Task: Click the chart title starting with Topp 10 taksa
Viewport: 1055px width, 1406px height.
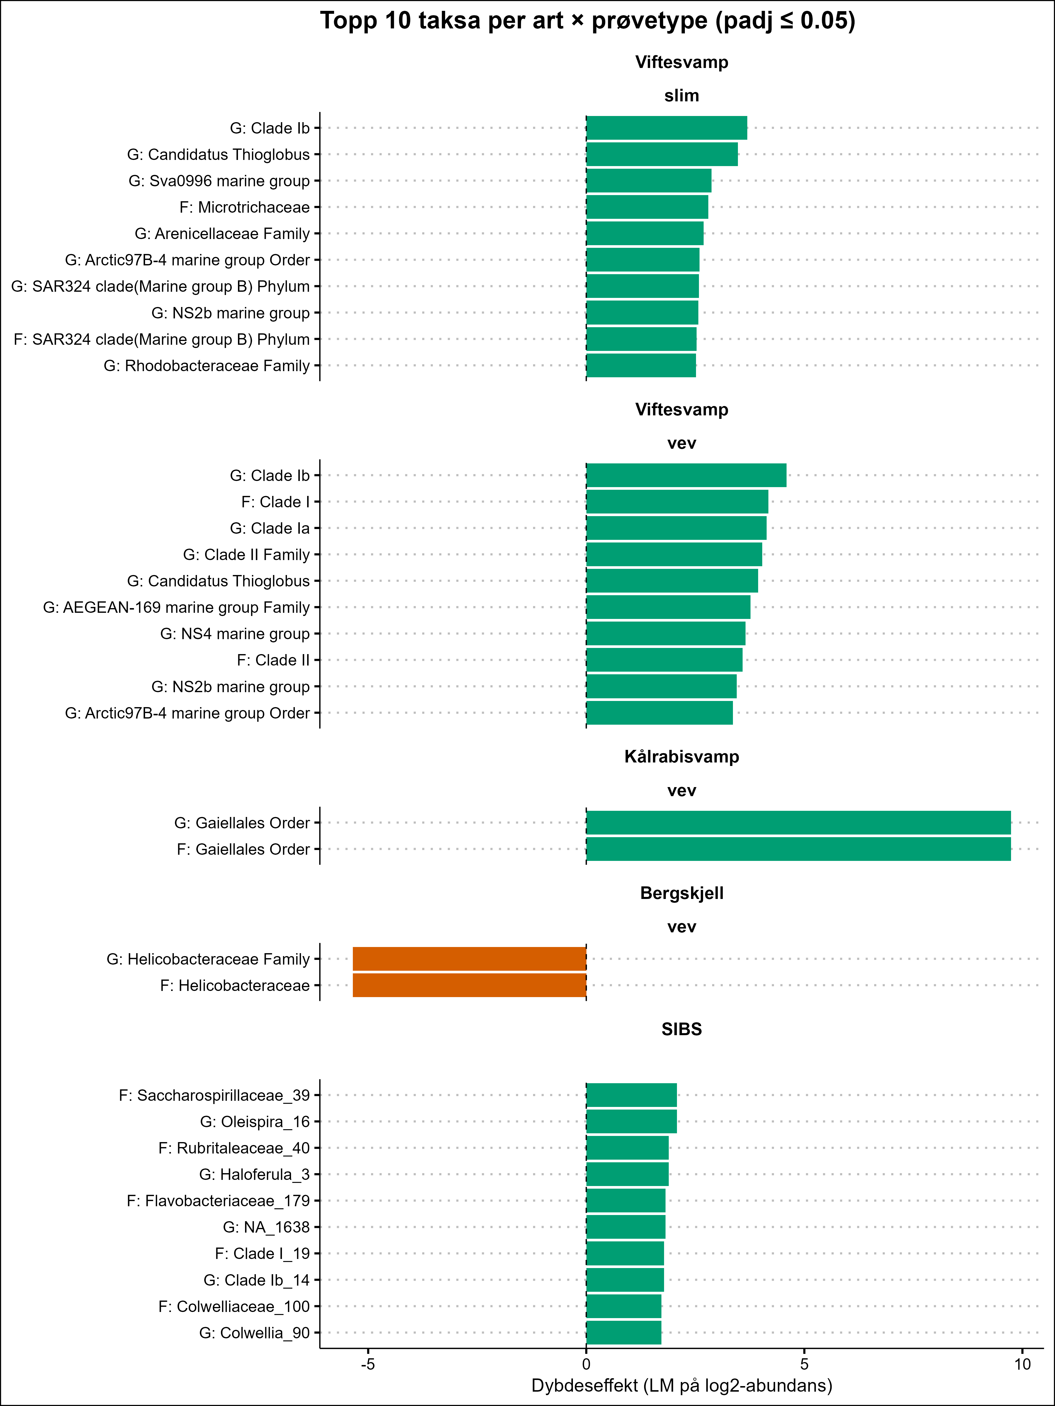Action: coord(588,21)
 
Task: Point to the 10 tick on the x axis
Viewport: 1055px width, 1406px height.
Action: coord(1022,1364)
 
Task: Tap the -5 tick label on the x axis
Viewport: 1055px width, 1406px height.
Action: coord(367,1364)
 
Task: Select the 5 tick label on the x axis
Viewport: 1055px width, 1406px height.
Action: coord(804,1364)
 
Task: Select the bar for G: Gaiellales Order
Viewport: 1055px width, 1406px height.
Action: coord(798,823)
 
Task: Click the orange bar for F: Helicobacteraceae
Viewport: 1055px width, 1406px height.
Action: coord(469,985)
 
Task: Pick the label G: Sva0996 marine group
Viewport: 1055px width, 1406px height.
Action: coord(219,181)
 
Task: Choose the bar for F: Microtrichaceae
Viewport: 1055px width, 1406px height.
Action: coord(647,207)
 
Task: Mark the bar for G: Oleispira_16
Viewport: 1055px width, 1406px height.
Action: coord(632,1121)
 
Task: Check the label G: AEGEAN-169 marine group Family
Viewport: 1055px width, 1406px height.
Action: coord(176,608)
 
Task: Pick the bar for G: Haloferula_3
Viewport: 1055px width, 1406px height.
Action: coord(627,1174)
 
